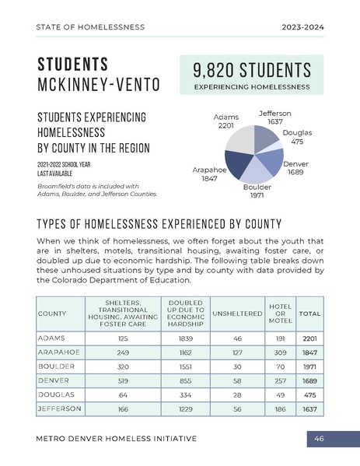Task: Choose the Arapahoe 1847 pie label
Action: click(x=208, y=173)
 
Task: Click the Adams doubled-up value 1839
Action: click(x=185, y=339)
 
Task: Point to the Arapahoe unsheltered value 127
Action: click(x=237, y=353)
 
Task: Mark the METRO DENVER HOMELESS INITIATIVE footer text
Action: click(x=117, y=440)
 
